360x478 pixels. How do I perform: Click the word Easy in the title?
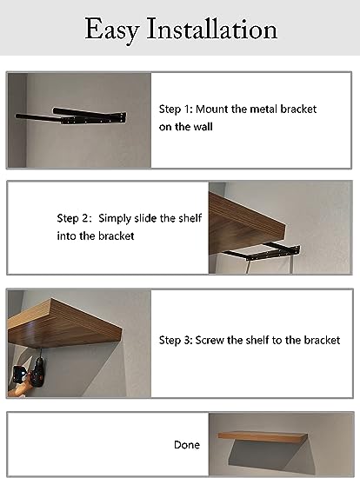[x=112, y=30]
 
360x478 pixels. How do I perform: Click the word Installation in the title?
[x=211, y=29]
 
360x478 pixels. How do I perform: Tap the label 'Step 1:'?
[x=176, y=110]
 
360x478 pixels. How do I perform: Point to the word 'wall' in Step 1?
[x=203, y=127]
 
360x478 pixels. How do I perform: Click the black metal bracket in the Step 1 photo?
[x=71, y=116]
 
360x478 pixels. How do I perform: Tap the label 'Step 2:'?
[x=74, y=218]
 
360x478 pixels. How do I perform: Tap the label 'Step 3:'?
[x=176, y=340]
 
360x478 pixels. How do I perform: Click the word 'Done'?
[x=187, y=445]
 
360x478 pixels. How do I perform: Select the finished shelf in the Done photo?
[x=263, y=436]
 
